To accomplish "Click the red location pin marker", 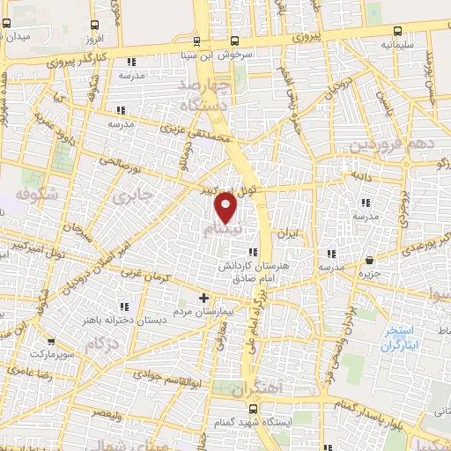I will coord(226,208).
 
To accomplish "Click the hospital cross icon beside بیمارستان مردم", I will coord(204,299).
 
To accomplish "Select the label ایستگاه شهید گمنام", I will coord(214,425).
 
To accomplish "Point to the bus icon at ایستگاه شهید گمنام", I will coord(254,409).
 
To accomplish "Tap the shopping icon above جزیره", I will coord(368,260).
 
